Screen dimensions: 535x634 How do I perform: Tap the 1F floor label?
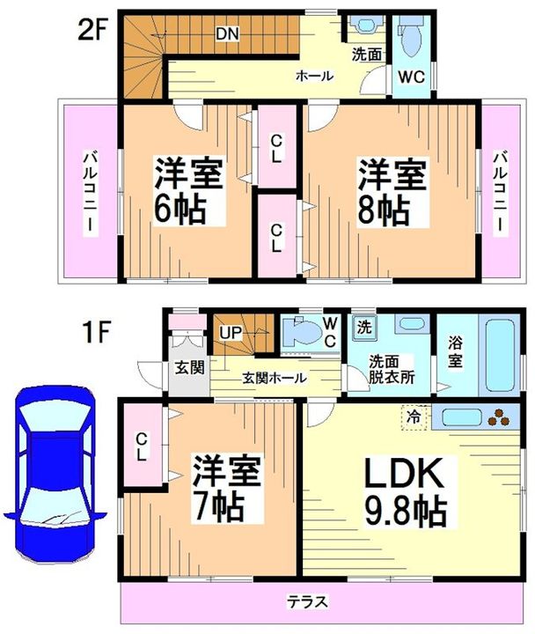coord(96,332)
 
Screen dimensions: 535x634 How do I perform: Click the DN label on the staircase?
coord(228,33)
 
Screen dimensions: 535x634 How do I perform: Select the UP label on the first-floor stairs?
coord(231,333)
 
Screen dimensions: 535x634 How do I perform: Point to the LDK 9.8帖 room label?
coord(406,492)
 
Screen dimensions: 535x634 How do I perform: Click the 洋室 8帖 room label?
coord(392,193)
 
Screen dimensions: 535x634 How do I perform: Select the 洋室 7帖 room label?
coord(226,489)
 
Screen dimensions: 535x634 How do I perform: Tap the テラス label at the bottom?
coord(307,601)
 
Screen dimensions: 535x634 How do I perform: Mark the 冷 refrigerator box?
coord(414,417)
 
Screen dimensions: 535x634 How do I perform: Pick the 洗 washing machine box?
coord(364,327)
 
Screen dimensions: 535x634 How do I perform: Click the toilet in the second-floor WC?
coord(412,40)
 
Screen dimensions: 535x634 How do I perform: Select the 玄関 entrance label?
coord(189,368)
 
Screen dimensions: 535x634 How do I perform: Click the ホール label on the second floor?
coord(314,76)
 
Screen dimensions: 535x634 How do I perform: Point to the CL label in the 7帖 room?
coord(141,446)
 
